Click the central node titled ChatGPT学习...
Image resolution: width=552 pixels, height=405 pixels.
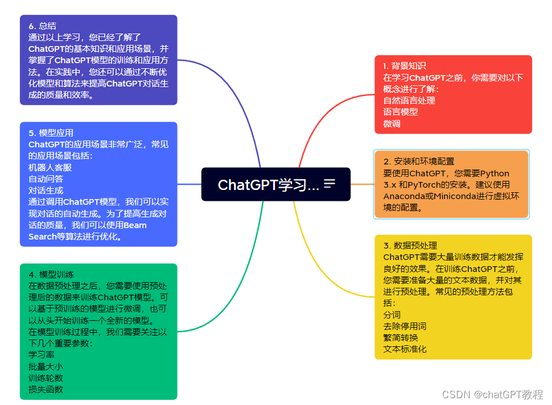pyautogui.click(x=268, y=184)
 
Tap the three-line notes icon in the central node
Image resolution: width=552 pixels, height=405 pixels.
pyautogui.click(x=329, y=184)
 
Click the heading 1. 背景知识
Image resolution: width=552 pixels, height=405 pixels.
pyautogui.click(x=405, y=66)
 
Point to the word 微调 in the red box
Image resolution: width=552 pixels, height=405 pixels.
pyautogui.click(x=392, y=123)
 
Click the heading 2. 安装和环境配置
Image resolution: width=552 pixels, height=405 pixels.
pyautogui.click(x=419, y=162)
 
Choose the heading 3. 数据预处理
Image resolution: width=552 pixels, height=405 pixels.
pyautogui.click(x=410, y=246)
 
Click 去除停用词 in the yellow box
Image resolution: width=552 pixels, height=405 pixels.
pyautogui.click(x=405, y=326)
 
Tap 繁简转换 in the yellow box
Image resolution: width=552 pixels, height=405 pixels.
pyautogui.click(x=400, y=337)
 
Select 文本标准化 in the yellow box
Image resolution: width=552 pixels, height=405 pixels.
pyautogui.click(x=405, y=349)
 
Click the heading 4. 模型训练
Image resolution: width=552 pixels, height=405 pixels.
pyautogui.click(x=51, y=274)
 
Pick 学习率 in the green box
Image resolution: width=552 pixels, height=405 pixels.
pyautogui.click(x=42, y=354)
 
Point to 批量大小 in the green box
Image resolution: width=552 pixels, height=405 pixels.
pyautogui.click(x=46, y=366)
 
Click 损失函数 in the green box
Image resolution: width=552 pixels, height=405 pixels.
pyautogui.click(x=46, y=389)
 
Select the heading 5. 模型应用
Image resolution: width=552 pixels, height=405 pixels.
pyautogui.click(x=51, y=133)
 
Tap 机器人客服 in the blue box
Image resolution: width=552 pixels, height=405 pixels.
pyautogui.click(x=50, y=168)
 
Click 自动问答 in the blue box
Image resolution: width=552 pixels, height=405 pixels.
pyautogui.click(x=46, y=179)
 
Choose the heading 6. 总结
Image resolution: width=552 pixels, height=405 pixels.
pyautogui.click(x=42, y=26)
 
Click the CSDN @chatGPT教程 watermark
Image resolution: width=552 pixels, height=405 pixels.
pyautogui.click(x=492, y=394)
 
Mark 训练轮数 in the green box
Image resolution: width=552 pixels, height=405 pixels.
pyautogui.click(x=46, y=378)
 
